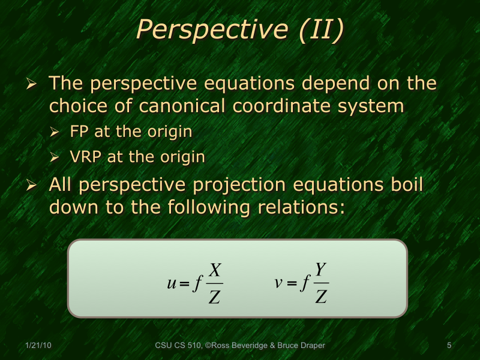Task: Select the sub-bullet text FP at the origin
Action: (x=131, y=132)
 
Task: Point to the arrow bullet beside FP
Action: (x=55, y=133)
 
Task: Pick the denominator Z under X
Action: (x=214, y=296)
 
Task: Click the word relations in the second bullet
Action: (x=298, y=207)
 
